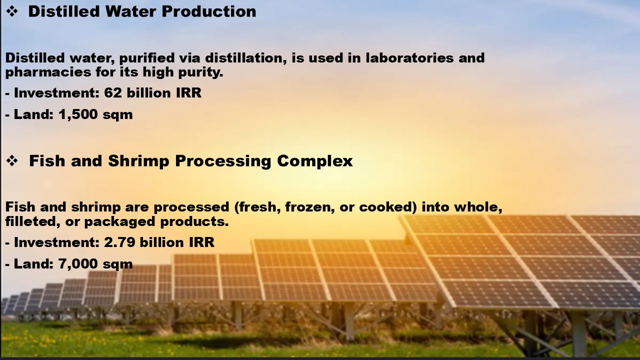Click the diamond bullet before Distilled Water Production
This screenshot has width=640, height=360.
(x=12, y=11)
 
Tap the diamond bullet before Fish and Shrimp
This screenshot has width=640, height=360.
(x=12, y=161)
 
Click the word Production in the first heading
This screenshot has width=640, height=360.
(x=209, y=11)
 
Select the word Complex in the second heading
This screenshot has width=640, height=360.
(x=315, y=161)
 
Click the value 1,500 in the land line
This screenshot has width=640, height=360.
(x=78, y=114)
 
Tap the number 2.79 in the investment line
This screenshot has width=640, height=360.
(x=119, y=242)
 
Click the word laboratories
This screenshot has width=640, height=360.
(x=409, y=57)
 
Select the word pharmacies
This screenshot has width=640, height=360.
(x=48, y=72)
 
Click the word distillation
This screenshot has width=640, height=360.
(x=245, y=58)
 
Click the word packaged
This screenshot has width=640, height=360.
(x=119, y=222)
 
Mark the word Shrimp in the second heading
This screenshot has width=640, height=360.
(x=138, y=161)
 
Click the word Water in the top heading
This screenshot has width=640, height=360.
(x=130, y=11)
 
